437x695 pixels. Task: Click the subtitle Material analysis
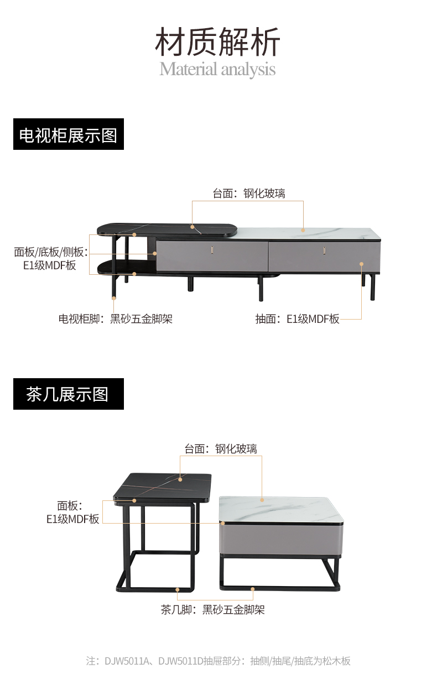click(217, 70)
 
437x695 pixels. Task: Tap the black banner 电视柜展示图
click(69, 134)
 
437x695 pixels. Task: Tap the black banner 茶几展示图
click(69, 394)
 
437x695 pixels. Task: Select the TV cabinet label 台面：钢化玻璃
click(249, 193)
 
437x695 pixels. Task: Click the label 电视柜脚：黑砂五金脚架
click(116, 319)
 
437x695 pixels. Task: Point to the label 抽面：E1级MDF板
click(297, 319)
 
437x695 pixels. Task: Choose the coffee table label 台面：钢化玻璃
click(221, 448)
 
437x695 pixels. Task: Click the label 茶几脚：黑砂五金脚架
click(213, 610)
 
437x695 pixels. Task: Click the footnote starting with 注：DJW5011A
click(218, 661)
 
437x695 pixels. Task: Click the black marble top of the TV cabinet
click(166, 229)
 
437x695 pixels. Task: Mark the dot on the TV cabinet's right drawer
click(362, 264)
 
